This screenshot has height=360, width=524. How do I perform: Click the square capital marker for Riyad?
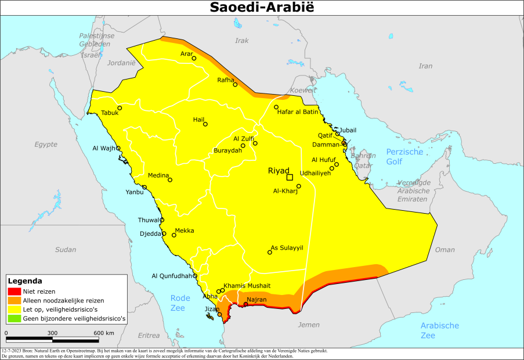pos(290,177)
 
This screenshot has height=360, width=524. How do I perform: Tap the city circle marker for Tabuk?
pos(120,108)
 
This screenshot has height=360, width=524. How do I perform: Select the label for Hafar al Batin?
pos(299,111)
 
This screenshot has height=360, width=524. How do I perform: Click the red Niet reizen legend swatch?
pos(14,291)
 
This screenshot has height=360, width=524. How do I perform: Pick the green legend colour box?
pos(14,319)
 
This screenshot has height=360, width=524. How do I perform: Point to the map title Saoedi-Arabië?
pos(262,8)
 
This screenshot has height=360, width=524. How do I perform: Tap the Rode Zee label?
pos(180,303)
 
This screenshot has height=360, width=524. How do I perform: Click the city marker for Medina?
pos(170,180)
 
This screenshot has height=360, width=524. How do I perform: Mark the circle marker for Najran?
pos(246,304)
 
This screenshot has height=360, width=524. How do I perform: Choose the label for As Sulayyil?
pos(287,247)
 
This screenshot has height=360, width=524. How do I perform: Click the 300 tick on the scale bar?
pos(52,333)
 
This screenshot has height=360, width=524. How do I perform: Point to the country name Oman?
pos(445,250)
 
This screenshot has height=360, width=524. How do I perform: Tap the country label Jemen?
pos(309,325)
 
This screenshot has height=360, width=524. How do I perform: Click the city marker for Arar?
pos(194,58)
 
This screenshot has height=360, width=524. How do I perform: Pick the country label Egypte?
pos(46,144)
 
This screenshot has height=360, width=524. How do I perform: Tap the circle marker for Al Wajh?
pos(118,148)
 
